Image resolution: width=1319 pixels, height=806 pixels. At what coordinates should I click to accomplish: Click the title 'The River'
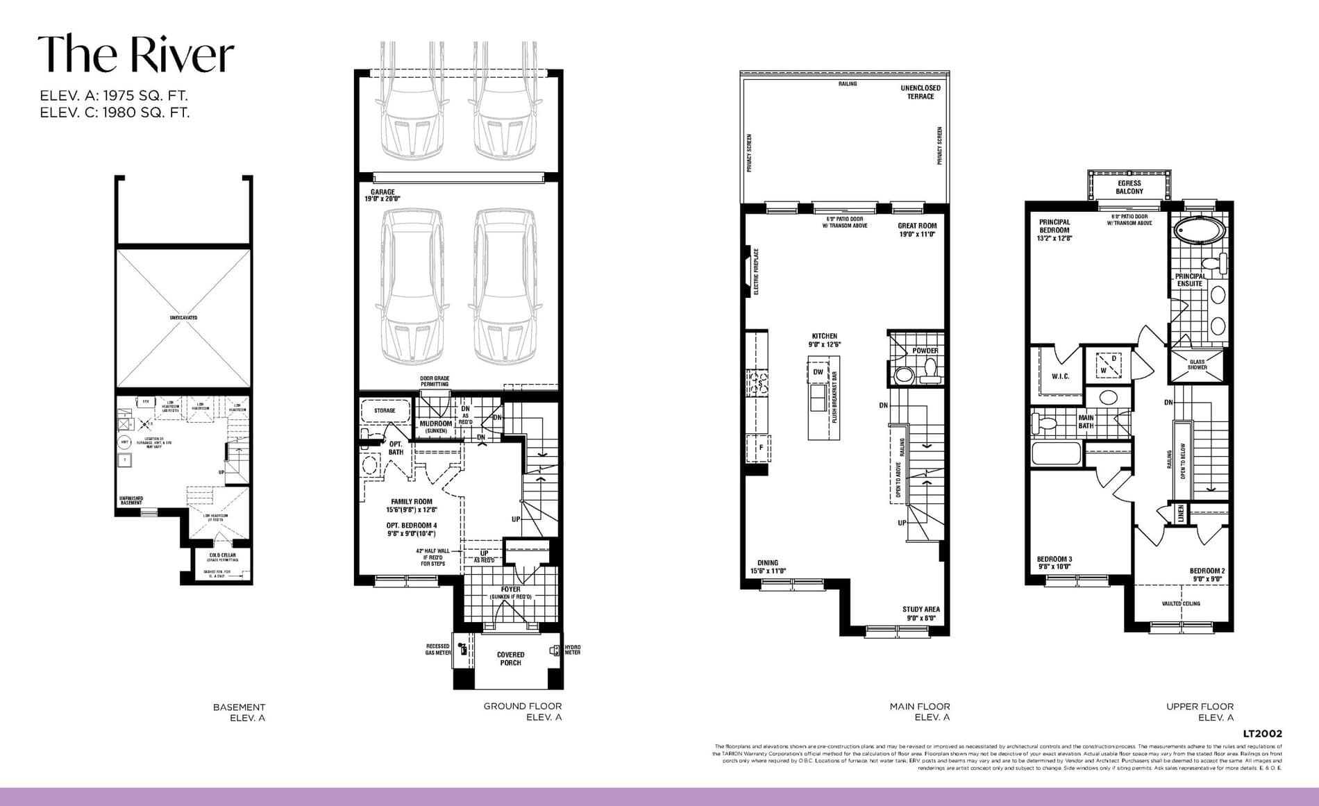point(135,54)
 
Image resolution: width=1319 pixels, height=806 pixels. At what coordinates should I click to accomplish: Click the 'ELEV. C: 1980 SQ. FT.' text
point(115,112)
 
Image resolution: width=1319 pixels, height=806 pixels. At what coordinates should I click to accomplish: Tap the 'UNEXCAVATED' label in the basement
point(183,318)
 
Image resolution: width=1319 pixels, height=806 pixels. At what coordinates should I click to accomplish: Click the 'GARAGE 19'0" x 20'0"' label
point(383,196)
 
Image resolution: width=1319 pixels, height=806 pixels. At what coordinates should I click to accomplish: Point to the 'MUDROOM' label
point(436,423)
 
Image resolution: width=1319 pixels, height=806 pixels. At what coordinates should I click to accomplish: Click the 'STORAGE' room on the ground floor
point(385,411)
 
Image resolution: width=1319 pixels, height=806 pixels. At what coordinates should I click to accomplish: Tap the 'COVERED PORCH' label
point(510,659)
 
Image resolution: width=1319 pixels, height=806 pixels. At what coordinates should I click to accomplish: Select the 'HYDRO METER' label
point(572,650)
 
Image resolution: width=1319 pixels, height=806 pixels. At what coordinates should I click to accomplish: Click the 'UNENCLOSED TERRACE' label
point(921,92)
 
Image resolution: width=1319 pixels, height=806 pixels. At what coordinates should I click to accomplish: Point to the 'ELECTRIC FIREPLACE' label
point(756,271)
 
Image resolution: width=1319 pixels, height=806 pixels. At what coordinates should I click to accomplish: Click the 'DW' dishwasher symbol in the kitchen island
point(818,372)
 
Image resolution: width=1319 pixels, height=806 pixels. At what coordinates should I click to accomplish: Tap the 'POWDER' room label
point(925,351)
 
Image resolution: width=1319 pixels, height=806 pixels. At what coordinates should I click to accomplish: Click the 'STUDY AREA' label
point(921,614)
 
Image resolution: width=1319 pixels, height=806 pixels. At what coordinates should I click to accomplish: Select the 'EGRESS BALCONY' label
point(1129,187)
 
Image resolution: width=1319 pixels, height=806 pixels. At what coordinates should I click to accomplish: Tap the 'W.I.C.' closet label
point(1060,376)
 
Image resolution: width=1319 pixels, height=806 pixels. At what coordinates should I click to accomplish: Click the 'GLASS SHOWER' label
point(1197,364)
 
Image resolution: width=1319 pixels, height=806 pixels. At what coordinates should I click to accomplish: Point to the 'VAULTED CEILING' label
point(1181,604)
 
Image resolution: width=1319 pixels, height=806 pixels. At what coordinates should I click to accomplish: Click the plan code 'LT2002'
point(1262,734)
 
